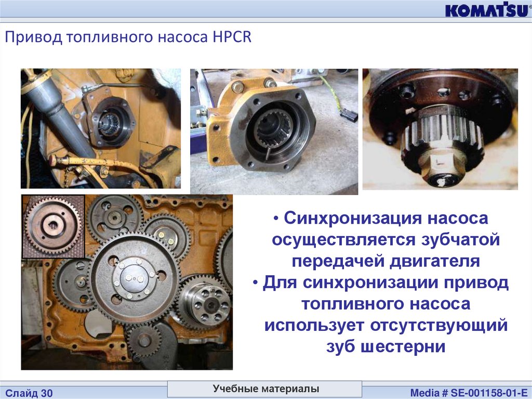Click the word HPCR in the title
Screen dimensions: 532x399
[232, 37]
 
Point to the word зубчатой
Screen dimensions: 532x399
[460, 240]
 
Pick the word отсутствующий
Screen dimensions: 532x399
[438, 326]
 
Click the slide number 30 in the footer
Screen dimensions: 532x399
[47, 393]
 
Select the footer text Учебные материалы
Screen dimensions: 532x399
[266, 389]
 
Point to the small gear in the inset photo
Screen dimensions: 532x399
[53, 225]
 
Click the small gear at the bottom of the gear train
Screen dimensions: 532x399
[144, 340]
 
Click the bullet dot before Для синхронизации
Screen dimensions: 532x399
[256, 283]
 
